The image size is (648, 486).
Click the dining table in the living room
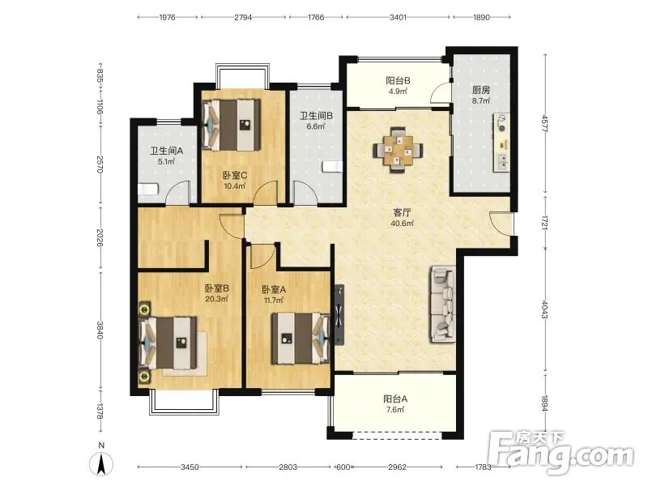pos(399,151)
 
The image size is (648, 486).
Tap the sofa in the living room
pos(443,305)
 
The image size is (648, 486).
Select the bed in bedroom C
pos(232,125)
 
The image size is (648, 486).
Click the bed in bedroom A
pos(301,339)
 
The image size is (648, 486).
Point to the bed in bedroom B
pos(168,343)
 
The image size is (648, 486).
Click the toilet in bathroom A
pos(147,190)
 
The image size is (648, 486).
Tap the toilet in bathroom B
pos(333,167)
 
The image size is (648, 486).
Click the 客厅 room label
pos(402,213)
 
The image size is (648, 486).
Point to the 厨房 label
pos(481,90)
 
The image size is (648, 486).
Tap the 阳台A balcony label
pos(395,399)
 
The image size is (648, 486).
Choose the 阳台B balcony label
pos(398,80)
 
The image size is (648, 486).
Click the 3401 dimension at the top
pos(398,17)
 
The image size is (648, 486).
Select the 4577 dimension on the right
pos(544,123)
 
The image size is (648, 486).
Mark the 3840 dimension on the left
pos(100,330)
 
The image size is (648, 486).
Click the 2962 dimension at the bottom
pos(397,467)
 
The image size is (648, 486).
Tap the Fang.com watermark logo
pos(561,453)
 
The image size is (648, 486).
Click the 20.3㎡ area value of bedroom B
pos(216,298)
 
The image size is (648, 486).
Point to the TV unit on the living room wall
pos(339,314)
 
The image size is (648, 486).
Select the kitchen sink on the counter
pos(502,162)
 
